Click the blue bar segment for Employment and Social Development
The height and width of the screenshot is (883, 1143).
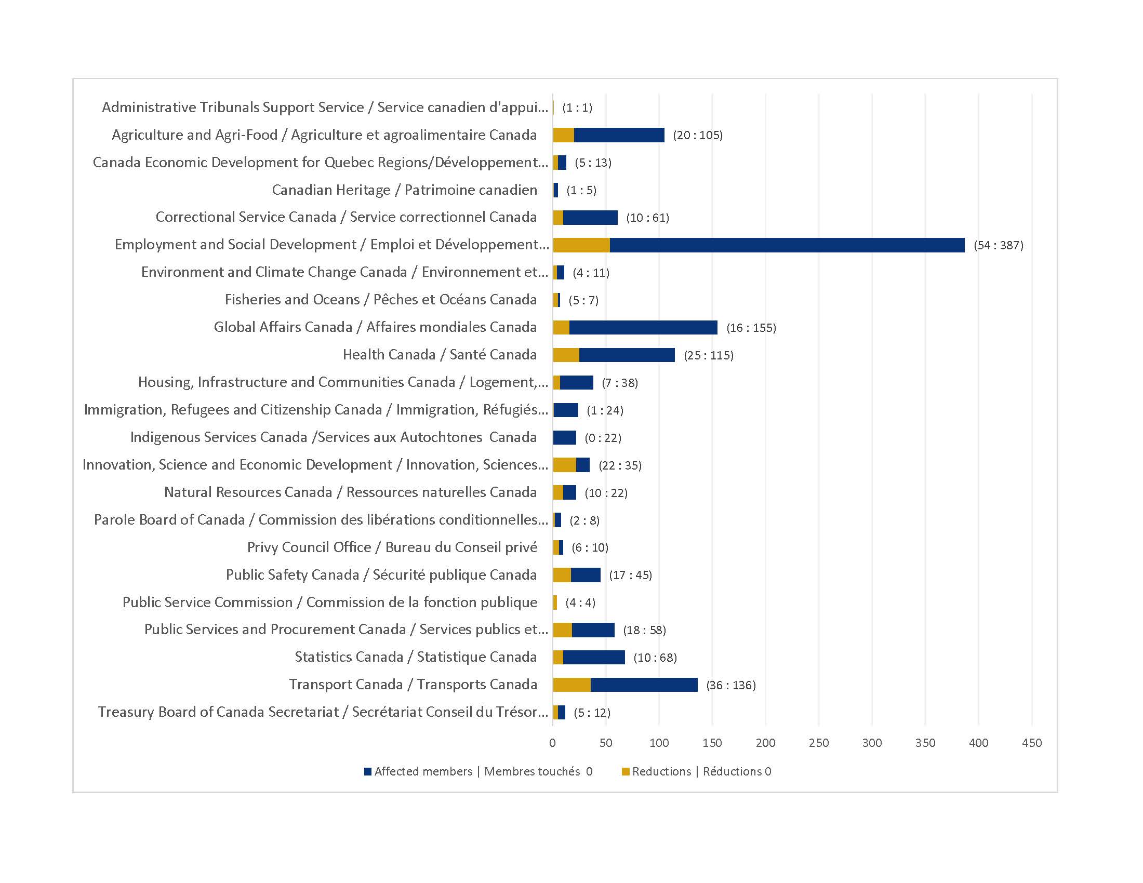coord(787,245)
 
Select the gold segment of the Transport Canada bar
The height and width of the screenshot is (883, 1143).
coord(571,685)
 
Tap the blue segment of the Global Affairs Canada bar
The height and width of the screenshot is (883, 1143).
coord(643,327)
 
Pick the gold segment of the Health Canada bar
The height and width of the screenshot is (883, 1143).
coord(566,355)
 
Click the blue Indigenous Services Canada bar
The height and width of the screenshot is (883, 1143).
coord(565,437)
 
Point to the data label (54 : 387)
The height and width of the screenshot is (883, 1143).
coord(998,245)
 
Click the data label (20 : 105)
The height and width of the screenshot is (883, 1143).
coord(698,136)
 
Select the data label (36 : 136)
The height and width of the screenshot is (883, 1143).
coord(730,685)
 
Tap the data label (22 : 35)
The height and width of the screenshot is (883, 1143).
coord(620,465)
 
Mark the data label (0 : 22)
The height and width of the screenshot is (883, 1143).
coord(603,438)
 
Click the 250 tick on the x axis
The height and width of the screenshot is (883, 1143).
coord(818,743)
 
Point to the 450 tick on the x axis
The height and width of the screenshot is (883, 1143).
coord(1031,743)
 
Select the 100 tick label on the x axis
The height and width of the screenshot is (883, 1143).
coord(659,743)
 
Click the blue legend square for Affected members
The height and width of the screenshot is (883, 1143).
coord(368,771)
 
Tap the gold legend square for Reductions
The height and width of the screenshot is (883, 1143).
coord(626,771)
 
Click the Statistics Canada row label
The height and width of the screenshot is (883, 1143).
coord(416,657)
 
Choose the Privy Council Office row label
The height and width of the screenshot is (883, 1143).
coord(392,547)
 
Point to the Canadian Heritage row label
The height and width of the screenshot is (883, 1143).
coord(404,190)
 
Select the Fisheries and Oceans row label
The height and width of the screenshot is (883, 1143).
coord(380,300)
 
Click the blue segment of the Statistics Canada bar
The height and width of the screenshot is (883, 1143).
coord(594,658)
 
